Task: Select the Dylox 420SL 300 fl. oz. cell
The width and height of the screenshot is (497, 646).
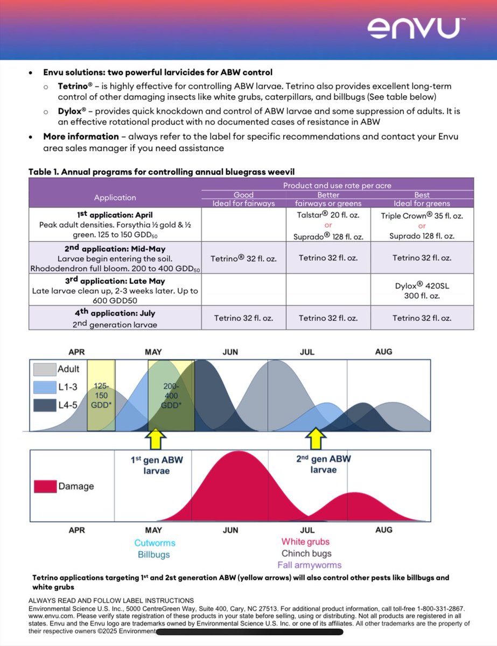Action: (422, 290)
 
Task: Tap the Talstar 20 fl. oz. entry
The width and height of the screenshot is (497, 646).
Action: (328, 214)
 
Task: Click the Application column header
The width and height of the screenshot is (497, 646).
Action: (115, 198)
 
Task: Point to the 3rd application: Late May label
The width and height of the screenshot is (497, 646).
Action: (115, 281)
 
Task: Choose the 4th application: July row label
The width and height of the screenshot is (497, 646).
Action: (115, 313)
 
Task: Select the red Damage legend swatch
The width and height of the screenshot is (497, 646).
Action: (45, 487)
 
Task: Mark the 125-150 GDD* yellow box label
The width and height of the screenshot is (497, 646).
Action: (101, 396)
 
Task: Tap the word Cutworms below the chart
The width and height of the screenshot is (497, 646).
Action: (155, 543)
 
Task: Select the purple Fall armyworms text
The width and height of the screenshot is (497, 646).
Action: (310, 565)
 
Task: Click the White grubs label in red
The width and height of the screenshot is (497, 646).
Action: (305, 542)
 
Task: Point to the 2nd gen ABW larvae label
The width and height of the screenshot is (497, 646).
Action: (323, 465)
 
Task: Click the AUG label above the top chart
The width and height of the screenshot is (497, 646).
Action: (383, 352)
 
